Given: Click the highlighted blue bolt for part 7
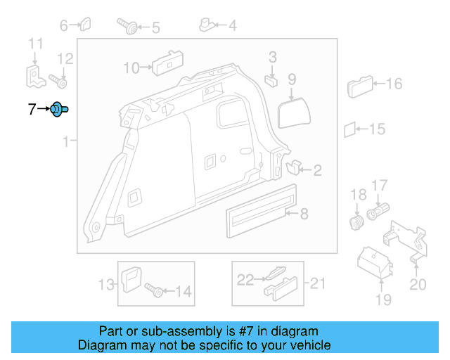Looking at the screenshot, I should [x=59, y=109].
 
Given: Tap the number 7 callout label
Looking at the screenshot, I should [x=31, y=109].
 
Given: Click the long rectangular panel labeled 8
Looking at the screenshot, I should [x=259, y=210].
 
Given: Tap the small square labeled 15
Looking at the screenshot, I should [x=350, y=129].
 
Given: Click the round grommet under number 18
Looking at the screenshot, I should [x=356, y=223].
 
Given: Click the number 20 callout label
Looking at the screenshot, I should [x=418, y=284].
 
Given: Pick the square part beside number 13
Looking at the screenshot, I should [x=131, y=280].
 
